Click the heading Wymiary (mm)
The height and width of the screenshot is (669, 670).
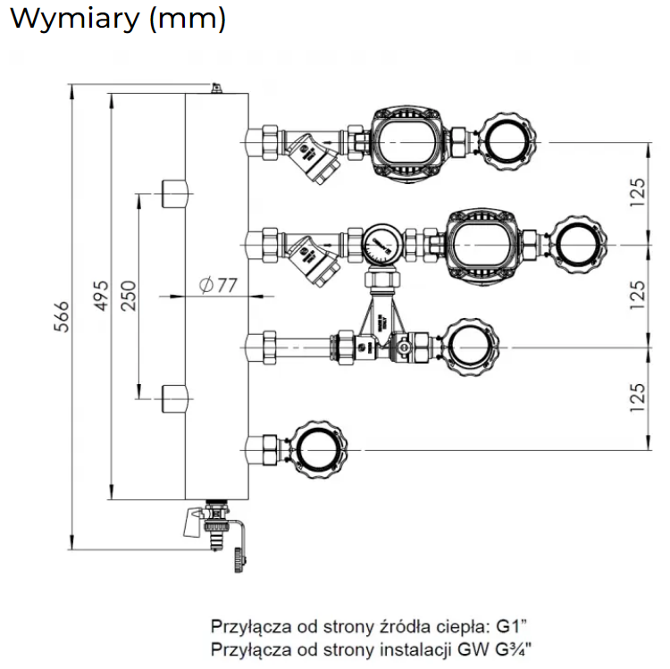click(x=117, y=20)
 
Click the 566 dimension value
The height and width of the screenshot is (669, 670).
click(x=61, y=316)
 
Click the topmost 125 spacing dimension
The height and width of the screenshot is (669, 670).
click(x=637, y=192)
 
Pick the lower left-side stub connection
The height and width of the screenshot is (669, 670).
click(x=173, y=397)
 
